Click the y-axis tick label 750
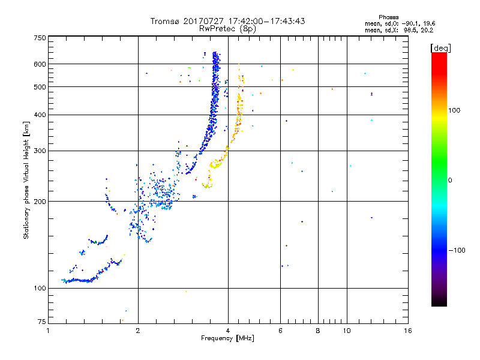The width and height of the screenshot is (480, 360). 40,38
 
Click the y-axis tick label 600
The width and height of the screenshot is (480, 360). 40,64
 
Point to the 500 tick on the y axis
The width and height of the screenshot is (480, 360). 40,86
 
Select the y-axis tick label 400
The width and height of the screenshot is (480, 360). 40,115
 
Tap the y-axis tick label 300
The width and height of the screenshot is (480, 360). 40,151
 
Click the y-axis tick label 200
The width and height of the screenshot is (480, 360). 40,201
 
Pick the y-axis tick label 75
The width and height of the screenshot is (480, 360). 41,321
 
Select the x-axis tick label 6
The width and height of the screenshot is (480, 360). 280,331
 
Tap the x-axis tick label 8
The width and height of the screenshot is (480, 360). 318,331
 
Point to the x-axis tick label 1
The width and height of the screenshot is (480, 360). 49,331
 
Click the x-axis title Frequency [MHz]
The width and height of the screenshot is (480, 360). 228,339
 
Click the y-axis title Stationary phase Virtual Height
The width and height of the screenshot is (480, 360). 27,180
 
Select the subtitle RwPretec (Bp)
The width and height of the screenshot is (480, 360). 228,28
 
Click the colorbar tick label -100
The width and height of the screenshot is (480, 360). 457,250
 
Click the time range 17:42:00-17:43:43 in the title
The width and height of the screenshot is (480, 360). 265,21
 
